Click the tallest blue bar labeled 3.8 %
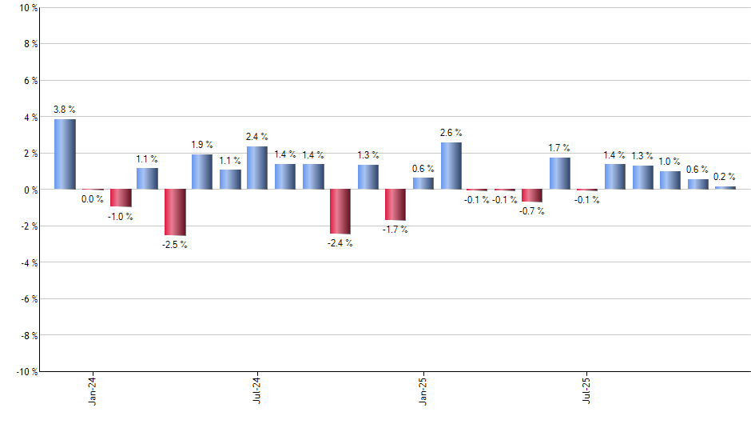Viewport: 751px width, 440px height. (65, 154)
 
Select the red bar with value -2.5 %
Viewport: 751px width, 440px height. (175, 212)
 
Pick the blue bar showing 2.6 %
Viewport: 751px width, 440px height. (451, 166)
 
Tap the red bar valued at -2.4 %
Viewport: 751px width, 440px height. (340, 211)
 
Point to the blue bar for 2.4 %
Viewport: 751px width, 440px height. (257, 168)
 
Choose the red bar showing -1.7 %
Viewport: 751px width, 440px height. (395, 205)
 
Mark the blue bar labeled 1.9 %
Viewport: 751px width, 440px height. (202, 172)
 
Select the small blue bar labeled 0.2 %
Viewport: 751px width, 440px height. (725, 188)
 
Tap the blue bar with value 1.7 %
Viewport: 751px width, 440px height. (560, 174)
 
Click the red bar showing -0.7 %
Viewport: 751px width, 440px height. (533, 196)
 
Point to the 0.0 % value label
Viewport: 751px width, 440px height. (93, 200)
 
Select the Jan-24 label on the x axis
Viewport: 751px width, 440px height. (93, 390)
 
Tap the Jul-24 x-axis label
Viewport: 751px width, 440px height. (257, 390)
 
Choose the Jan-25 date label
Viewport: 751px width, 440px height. (423, 390)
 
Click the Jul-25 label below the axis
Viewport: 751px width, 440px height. (587, 390)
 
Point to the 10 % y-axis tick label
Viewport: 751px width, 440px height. (27, 8)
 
